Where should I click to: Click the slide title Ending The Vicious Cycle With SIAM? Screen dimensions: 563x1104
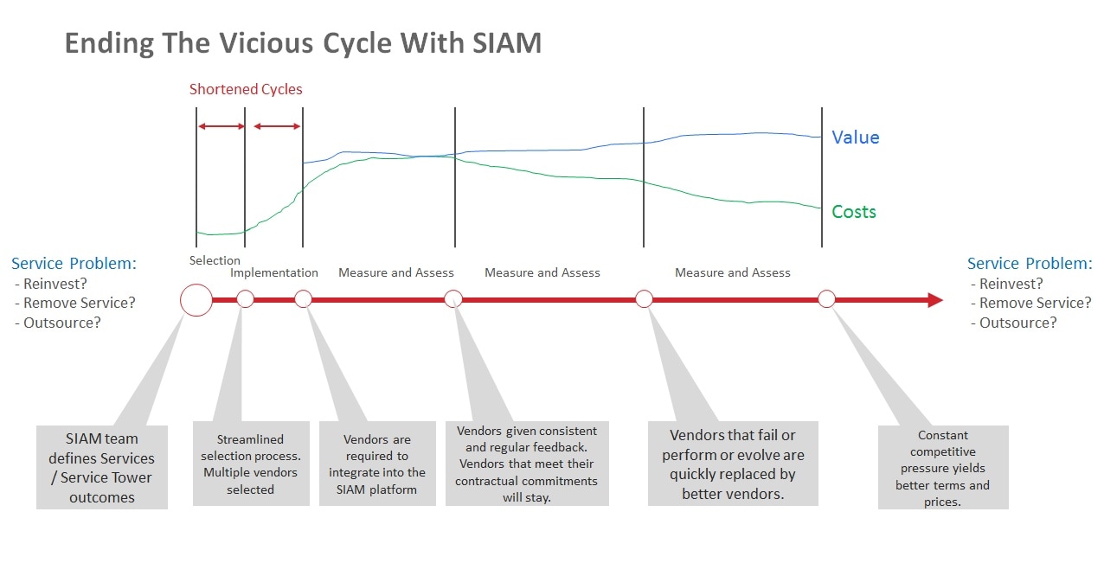(303, 43)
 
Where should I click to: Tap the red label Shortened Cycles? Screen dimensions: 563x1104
(246, 89)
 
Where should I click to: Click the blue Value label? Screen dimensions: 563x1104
(855, 138)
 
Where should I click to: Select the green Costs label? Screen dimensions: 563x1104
(853, 212)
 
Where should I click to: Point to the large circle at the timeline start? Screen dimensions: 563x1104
(196, 300)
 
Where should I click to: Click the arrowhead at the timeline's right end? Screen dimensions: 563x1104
(934, 300)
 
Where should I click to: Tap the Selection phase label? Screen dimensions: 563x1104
(215, 260)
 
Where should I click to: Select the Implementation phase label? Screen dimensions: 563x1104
(274, 272)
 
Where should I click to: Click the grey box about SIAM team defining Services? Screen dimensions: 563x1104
(102, 467)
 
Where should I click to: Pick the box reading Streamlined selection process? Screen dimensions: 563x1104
(251, 464)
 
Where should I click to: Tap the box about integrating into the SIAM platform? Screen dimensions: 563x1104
(377, 464)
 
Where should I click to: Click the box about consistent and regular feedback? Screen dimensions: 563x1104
(526, 464)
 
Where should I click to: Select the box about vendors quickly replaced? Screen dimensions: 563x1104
(733, 464)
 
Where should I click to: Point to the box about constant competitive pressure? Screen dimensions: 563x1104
(943, 468)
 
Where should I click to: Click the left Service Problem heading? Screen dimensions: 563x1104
(74, 264)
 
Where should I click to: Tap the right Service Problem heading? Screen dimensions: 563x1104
(1030, 264)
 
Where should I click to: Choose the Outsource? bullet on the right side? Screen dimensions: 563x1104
(1017, 323)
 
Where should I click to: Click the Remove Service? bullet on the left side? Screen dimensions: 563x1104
(80, 303)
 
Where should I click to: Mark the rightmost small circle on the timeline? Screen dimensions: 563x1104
(826, 299)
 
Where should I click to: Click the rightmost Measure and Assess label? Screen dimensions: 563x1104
(733, 272)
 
